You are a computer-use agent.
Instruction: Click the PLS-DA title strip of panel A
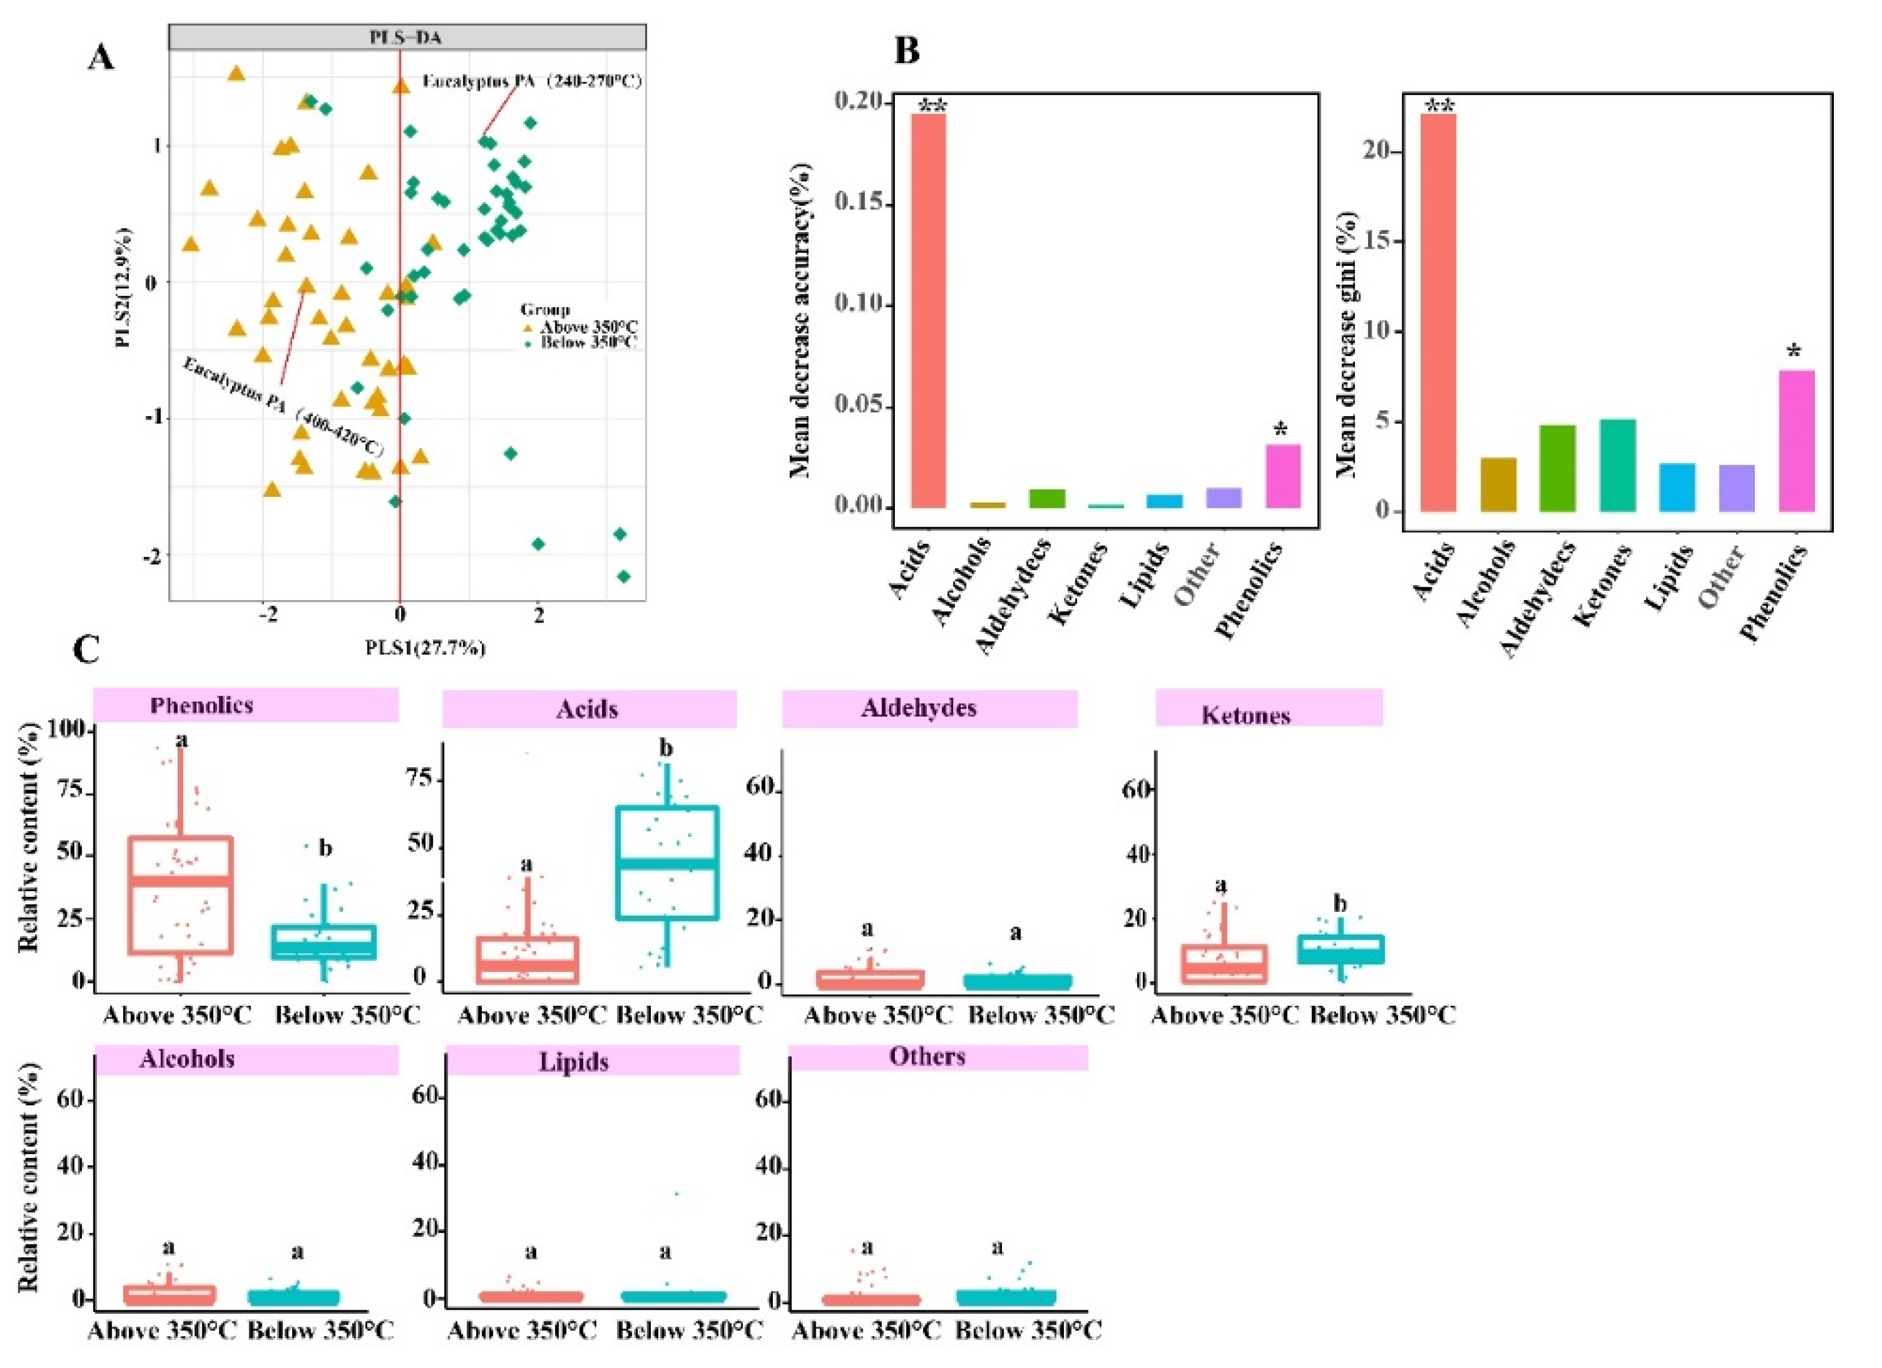(x=407, y=37)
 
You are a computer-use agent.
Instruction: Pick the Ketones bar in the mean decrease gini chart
(x=1617, y=465)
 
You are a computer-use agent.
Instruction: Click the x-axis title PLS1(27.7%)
(x=425, y=648)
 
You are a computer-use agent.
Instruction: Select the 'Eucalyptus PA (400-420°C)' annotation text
(x=282, y=407)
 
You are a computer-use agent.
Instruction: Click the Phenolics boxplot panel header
(x=246, y=705)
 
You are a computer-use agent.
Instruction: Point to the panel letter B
(x=906, y=52)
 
